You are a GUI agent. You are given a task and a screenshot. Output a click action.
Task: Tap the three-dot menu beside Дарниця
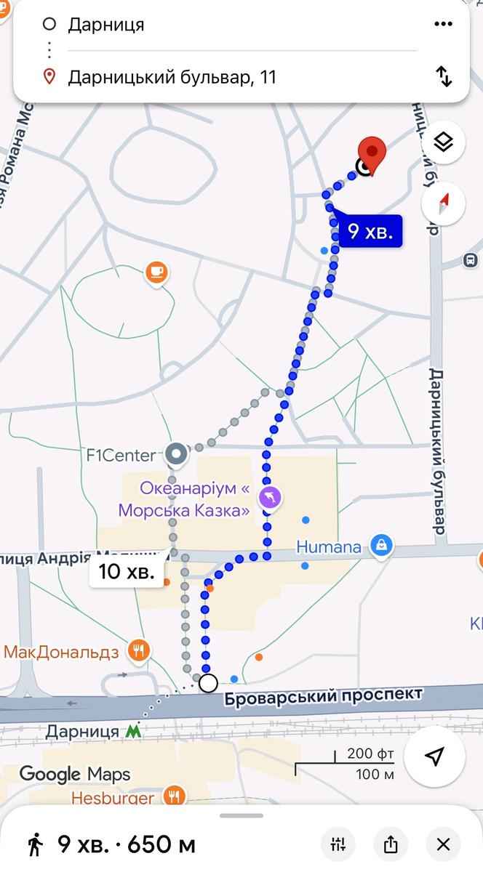(443, 25)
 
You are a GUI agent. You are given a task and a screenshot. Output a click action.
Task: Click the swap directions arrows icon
(443, 77)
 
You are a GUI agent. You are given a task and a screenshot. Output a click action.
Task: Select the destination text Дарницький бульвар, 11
(172, 77)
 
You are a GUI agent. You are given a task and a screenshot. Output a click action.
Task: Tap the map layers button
(443, 142)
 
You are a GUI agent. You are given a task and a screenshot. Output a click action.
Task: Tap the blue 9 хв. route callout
(371, 232)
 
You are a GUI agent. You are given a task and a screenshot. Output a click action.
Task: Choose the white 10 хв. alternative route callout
(127, 571)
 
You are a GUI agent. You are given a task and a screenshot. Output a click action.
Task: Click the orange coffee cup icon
(156, 273)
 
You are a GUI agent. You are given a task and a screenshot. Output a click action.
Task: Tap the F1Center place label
(121, 456)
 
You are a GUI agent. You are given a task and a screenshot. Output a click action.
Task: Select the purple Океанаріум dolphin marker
(271, 498)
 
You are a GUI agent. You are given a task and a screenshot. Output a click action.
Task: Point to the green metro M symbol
(133, 731)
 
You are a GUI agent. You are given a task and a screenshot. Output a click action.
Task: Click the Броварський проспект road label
(323, 696)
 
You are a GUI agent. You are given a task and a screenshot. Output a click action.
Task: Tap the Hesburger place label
(112, 798)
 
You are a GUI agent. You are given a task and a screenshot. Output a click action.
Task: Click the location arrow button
(434, 757)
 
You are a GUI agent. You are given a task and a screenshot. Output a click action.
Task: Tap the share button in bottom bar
(391, 844)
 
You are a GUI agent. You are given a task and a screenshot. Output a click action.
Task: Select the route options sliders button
(338, 844)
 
